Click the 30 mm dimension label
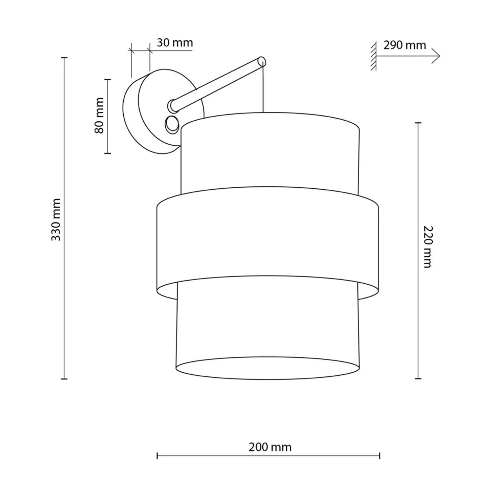click(x=175, y=43)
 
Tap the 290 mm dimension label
click(x=404, y=45)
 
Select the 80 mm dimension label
click(x=99, y=115)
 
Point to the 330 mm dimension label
click(x=56, y=220)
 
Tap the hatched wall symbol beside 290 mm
click(x=374, y=56)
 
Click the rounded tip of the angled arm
click(x=262, y=62)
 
